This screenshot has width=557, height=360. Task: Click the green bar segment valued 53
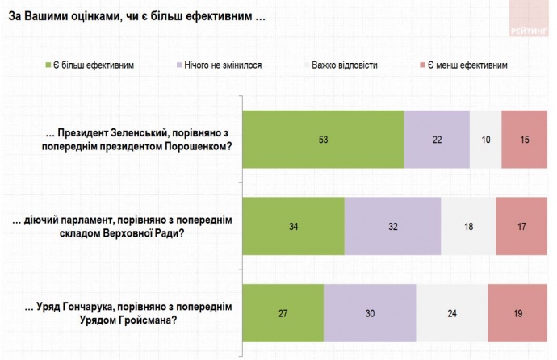point(323,139)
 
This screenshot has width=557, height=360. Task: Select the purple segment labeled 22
point(437,139)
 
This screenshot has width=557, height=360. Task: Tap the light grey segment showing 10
point(485,139)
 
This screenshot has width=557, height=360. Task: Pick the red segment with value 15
point(523,139)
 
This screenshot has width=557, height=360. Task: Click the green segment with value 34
point(294,226)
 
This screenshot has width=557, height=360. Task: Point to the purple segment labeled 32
point(393,226)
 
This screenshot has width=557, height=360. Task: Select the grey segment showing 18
point(468,226)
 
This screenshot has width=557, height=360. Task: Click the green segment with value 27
point(283,313)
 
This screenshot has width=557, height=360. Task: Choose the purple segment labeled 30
point(370,313)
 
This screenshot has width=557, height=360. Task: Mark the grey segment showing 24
point(452,313)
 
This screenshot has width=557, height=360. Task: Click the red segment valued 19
point(517,313)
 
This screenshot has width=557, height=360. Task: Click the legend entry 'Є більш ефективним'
point(93,65)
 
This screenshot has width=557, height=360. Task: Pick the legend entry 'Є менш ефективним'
point(467,65)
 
